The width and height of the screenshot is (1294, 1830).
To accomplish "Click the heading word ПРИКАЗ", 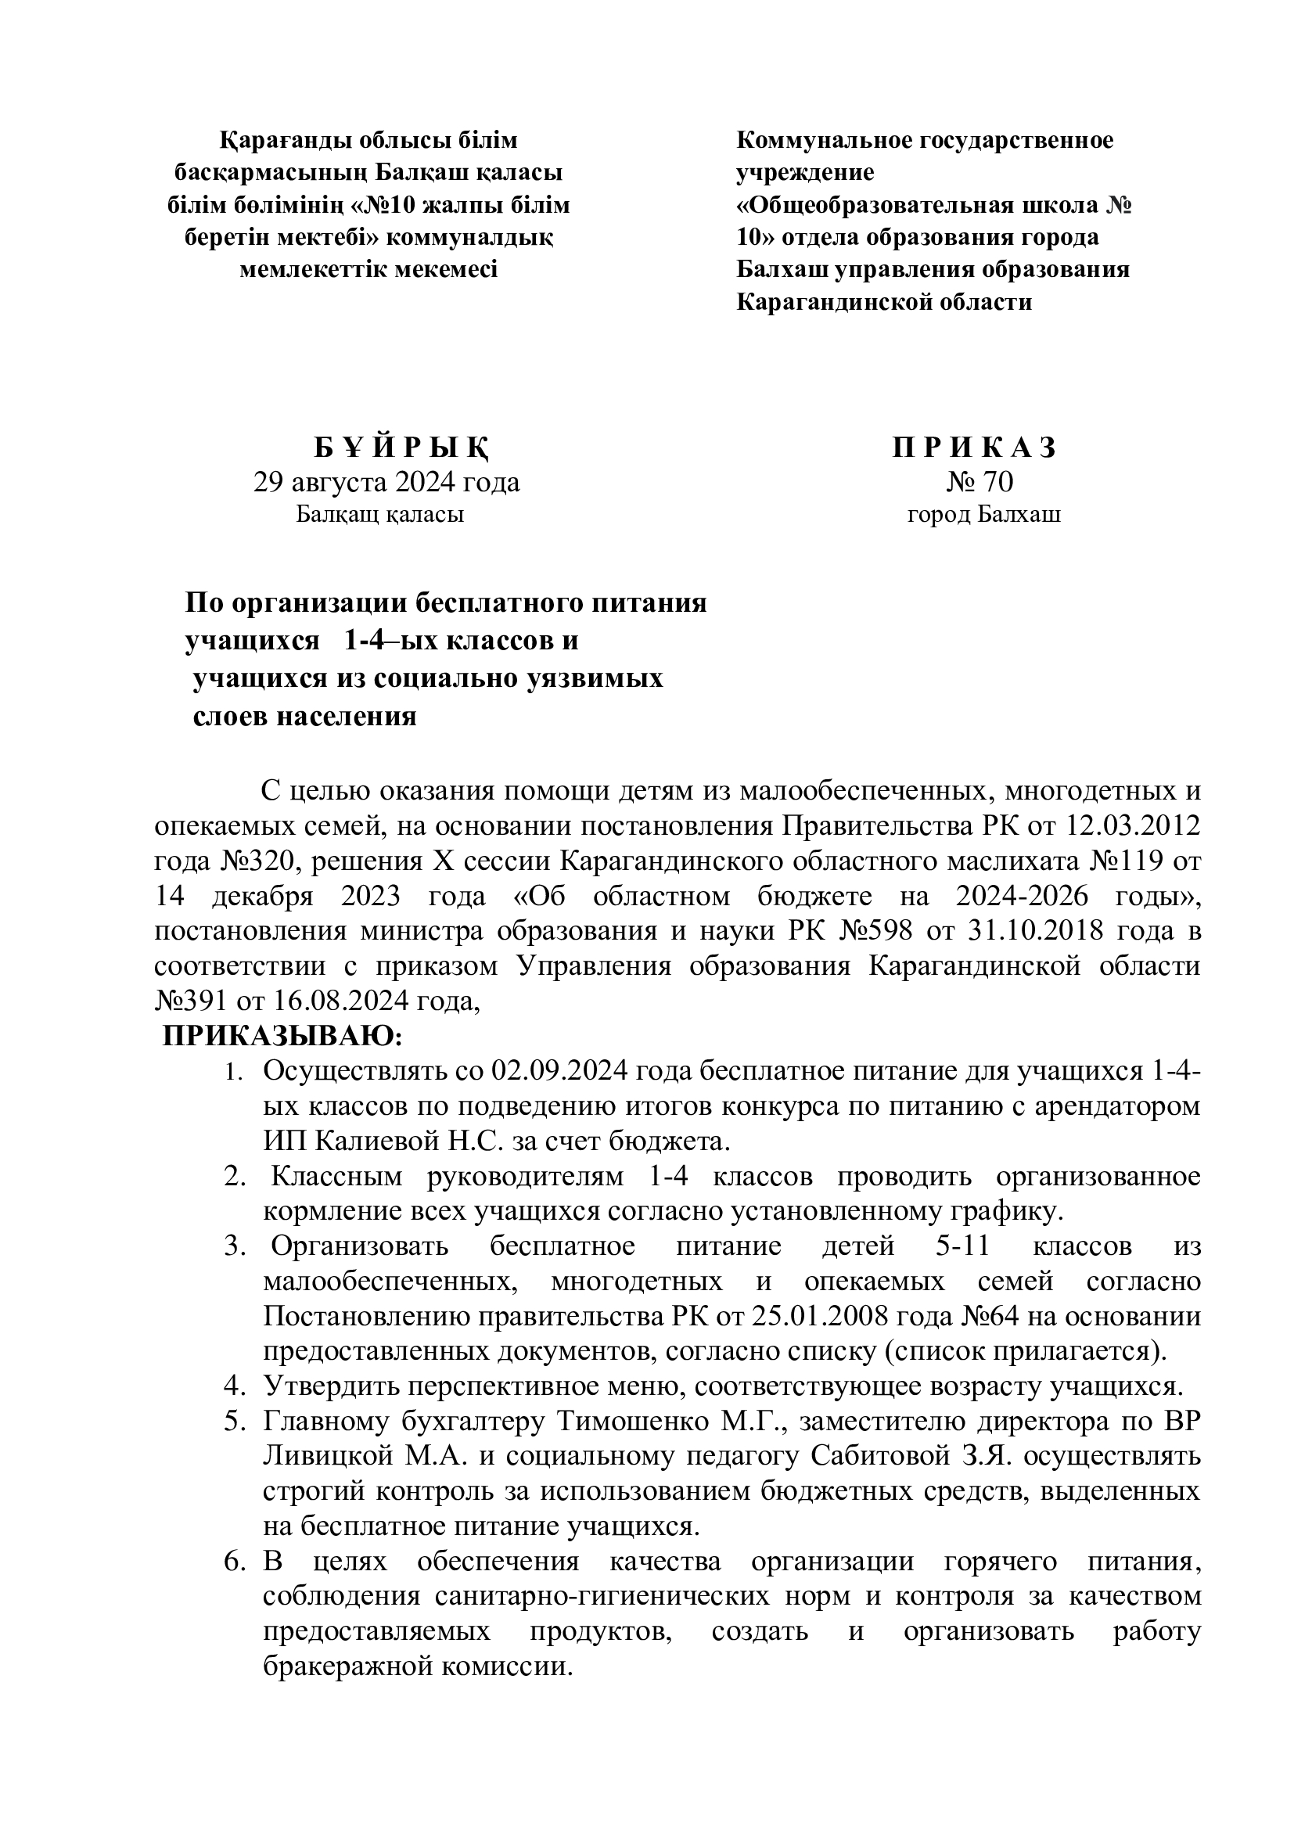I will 974,449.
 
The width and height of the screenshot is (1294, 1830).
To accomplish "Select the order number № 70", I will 979,482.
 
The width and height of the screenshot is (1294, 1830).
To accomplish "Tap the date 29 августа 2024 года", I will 386,482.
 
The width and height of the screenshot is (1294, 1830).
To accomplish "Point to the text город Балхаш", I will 984,515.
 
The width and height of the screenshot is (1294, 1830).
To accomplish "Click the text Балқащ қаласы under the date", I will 380,515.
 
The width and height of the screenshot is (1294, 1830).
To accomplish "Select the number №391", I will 189,1001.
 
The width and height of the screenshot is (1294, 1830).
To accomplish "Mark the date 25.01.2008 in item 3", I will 813,1316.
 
